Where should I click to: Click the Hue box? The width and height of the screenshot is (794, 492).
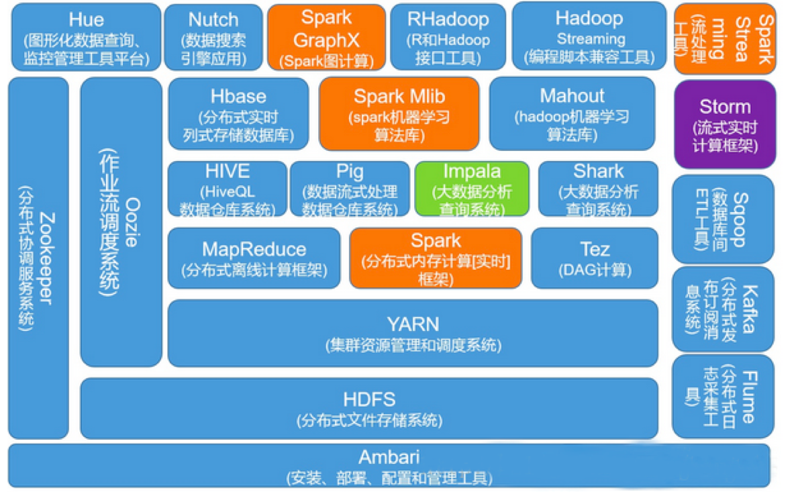(x=86, y=37)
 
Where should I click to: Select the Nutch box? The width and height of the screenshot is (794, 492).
(x=213, y=37)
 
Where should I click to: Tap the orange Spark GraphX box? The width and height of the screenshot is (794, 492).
(x=327, y=37)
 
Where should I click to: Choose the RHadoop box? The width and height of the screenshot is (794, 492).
(x=448, y=37)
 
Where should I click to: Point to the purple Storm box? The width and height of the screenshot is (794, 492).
(x=725, y=124)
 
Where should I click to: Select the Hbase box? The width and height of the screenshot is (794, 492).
(x=238, y=114)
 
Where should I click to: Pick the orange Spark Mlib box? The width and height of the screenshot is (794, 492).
(x=399, y=114)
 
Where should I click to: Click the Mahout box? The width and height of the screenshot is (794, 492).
(x=572, y=114)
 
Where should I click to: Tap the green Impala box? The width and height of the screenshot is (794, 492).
(x=471, y=189)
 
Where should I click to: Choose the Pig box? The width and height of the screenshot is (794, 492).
(x=349, y=189)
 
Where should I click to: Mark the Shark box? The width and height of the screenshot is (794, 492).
(x=598, y=189)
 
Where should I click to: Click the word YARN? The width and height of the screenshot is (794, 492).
(x=413, y=325)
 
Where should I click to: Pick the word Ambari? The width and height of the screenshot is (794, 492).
(x=389, y=458)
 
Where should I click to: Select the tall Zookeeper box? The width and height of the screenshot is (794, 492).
(x=38, y=258)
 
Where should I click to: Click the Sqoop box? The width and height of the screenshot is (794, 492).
(x=724, y=219)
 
